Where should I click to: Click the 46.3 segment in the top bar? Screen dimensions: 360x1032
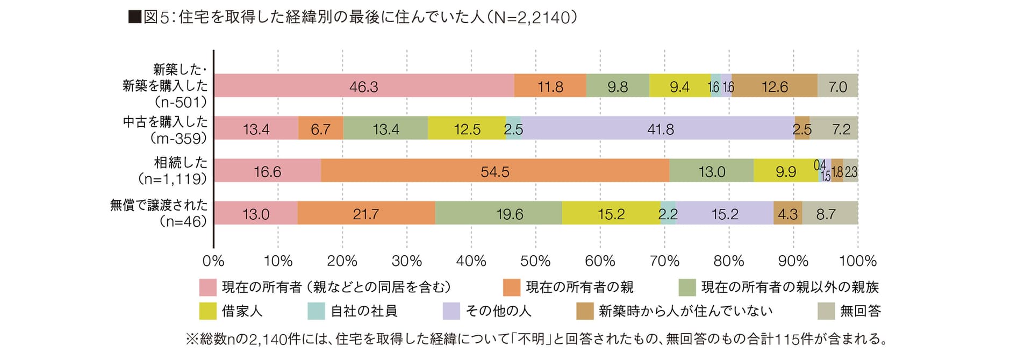point(364,86)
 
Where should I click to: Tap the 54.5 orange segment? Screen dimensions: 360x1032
point(495,171)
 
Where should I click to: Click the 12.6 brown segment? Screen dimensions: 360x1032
point(774,86)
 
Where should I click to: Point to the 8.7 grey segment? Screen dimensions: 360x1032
point(829,213)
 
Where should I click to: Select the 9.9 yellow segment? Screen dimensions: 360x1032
point(785,171)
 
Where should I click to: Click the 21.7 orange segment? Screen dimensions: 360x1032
point(366,213)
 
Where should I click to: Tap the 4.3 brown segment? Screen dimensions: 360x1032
point(787,213)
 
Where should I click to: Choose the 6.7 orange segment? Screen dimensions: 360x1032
point(320,128)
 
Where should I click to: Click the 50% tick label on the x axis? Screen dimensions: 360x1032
point(535,261)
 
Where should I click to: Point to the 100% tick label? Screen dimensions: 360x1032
point(858,261)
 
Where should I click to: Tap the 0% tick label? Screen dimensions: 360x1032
point(213,261)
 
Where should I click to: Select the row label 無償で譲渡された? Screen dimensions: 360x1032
point(159,205)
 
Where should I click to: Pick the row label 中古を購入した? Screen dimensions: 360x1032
point(165,122)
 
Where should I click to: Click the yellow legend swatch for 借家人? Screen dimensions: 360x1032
point(207,311)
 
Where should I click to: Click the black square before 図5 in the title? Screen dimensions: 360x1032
point(134,18)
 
